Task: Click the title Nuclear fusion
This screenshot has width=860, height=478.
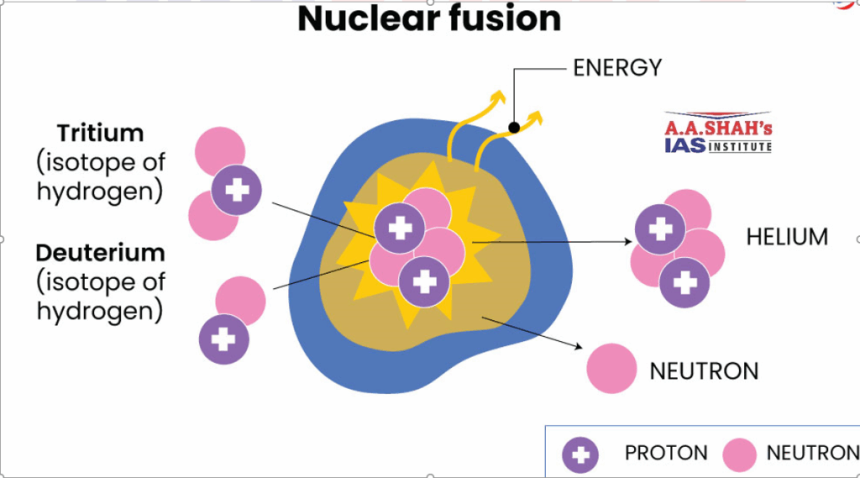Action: coord(429,18)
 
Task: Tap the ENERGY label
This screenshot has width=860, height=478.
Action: coord(617,68)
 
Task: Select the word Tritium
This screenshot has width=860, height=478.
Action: coord(100,133)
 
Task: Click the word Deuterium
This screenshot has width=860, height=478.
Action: coord(100,252)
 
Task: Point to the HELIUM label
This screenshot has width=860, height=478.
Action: coord(787,237)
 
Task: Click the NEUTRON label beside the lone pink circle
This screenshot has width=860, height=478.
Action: coord(704,370)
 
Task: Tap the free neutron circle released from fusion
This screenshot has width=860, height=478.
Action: coord(611,369)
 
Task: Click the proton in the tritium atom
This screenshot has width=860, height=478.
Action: coord(236,190)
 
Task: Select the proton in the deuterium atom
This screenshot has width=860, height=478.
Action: coord(223,339)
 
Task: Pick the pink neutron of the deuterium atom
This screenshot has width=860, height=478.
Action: coord(241,299)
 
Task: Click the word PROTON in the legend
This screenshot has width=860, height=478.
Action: coord(666,454)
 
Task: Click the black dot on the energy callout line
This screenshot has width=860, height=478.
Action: coord(514,128)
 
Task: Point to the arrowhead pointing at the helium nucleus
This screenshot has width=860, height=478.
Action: coord(629,242)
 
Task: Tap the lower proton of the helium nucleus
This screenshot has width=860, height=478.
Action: coord(684,284)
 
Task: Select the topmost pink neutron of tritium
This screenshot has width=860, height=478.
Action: coord(219,151)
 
